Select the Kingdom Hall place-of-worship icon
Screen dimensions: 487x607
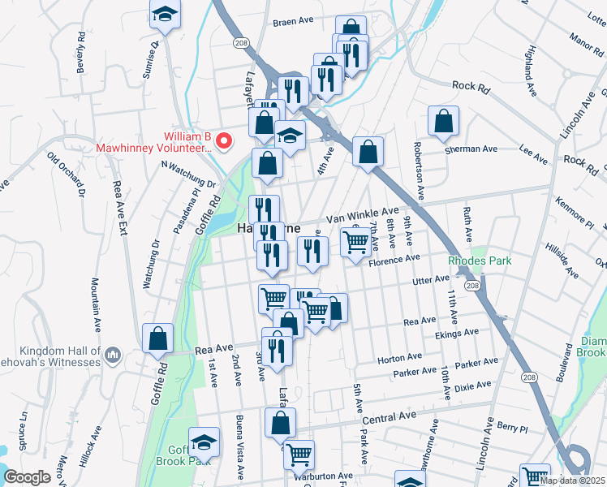[113, 354]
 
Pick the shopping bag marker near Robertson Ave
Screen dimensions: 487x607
[443, 122]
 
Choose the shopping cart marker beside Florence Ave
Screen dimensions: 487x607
[355, 243]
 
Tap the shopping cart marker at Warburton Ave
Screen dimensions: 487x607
[299, 455]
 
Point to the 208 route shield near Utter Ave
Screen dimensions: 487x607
[471, 286]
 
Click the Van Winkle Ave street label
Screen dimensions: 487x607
[363, 214]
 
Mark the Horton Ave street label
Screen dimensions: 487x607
[399, 357]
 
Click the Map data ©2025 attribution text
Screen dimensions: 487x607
[574, 480]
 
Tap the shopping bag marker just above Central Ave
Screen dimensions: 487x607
[280, 423]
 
